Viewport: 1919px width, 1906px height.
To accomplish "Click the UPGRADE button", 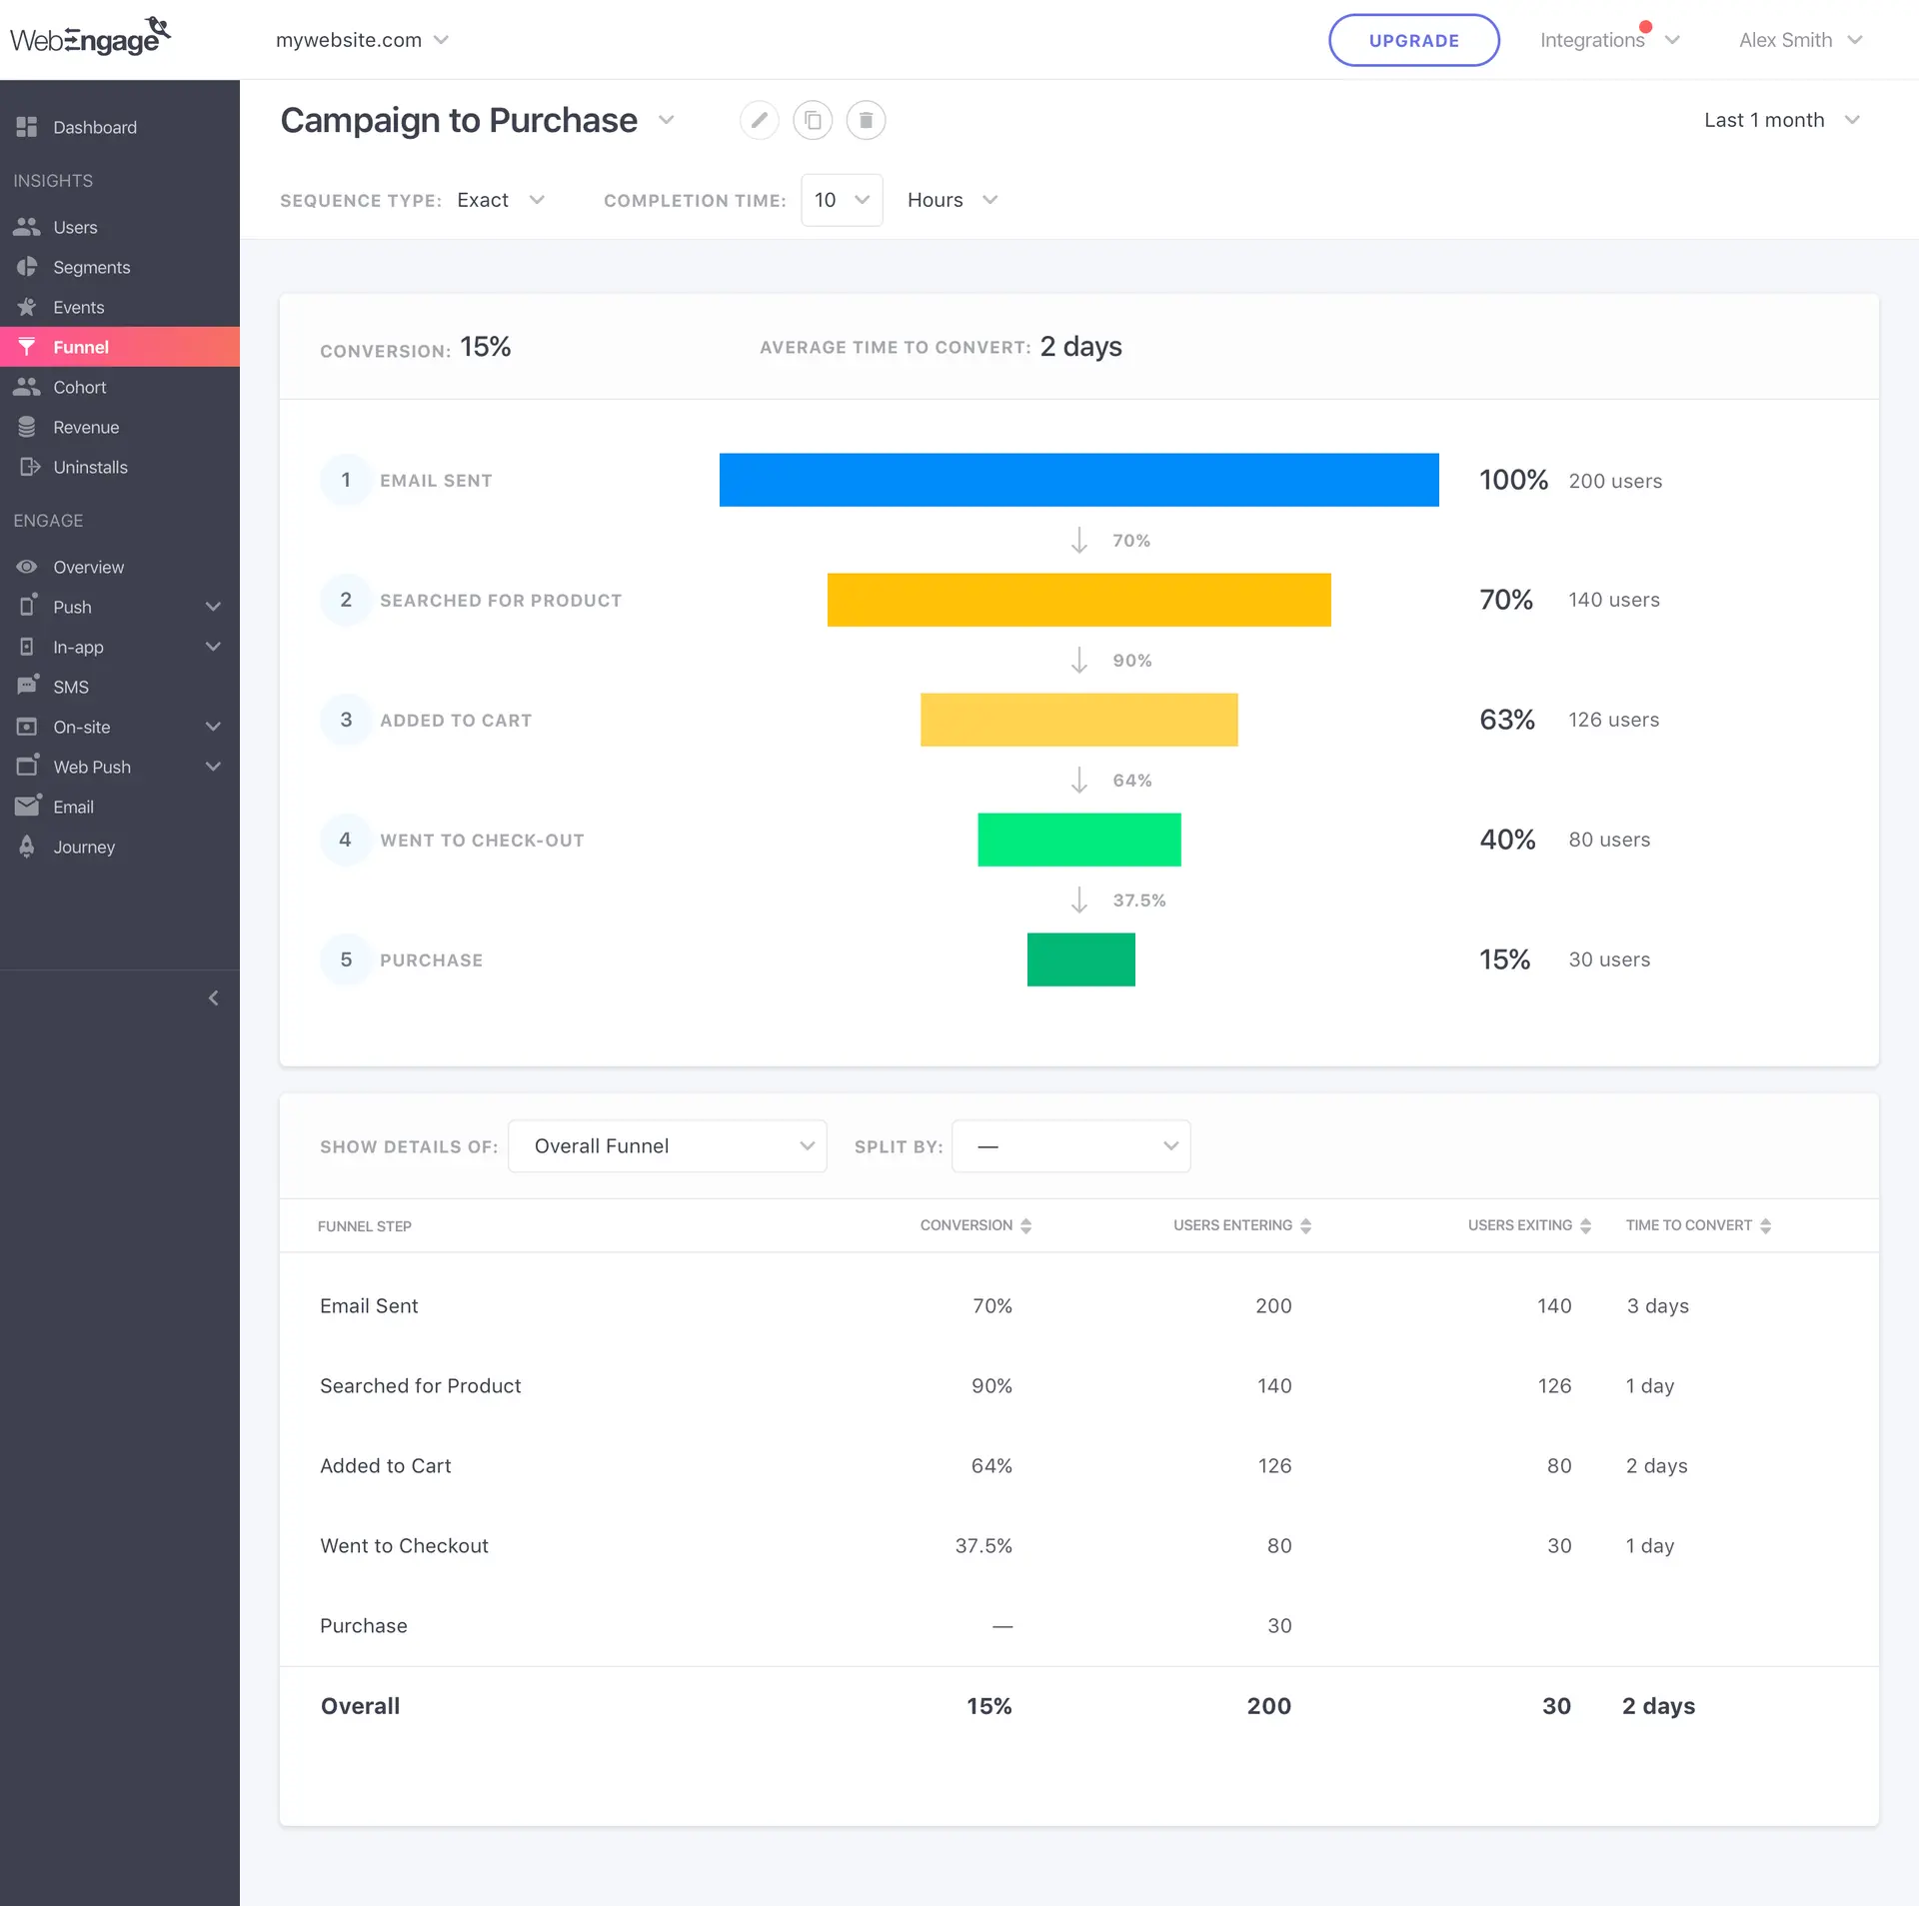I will (1413, 40).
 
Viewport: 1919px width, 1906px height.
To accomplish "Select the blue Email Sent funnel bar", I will (1078, 480).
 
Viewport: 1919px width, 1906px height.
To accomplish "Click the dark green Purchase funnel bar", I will (1080, 959).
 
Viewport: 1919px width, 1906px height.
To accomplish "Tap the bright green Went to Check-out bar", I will (1078, 840).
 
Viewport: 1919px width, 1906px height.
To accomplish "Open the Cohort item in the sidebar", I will (79, 387).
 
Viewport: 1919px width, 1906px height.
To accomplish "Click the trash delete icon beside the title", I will (866, 120).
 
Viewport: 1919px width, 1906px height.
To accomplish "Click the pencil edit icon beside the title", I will (760, 120).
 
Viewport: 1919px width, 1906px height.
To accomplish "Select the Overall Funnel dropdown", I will (667, 1146).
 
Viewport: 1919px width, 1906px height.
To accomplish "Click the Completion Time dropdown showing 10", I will (841, 200).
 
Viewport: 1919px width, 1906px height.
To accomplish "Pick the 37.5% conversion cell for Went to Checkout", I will (983, 1546).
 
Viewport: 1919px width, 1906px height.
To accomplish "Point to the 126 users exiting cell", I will (1554, 1386).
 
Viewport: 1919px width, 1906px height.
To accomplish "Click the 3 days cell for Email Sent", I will (1657, 1306).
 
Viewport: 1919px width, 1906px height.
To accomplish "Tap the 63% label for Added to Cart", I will (1506, 720).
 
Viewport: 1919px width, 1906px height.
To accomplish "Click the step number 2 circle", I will (346, 600).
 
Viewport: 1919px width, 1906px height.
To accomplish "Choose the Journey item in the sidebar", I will (84, 847).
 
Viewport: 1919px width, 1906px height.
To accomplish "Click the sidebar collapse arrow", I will (213, 998).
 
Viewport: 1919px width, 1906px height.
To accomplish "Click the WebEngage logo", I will (90, 38).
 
